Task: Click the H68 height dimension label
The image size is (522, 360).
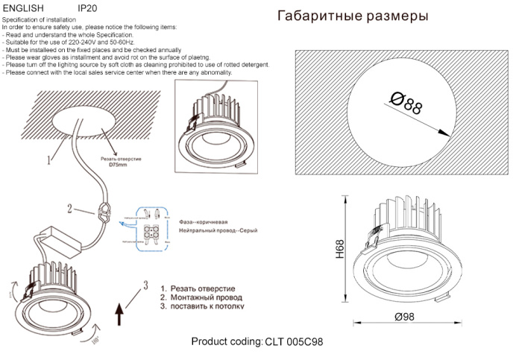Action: point(339,249)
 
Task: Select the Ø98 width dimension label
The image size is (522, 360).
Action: point(405,318)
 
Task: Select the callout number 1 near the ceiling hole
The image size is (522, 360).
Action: point(48,159)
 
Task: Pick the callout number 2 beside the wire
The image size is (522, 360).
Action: point(69,209)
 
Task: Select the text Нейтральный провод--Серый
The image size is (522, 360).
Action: point(217,232)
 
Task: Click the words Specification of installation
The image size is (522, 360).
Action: point(40,20)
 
